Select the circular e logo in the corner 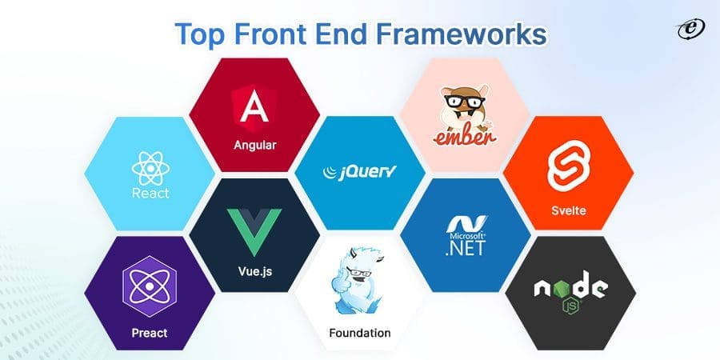[x=687, y=29]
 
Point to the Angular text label [x=254, y=146]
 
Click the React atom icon [x=150, y=168]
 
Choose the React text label [x=150, y=194]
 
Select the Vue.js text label [x=254, y=271]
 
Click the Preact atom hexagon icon [x=150, y=287]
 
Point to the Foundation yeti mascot [x=359, y=285]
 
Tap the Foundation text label [x=359, y=332]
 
